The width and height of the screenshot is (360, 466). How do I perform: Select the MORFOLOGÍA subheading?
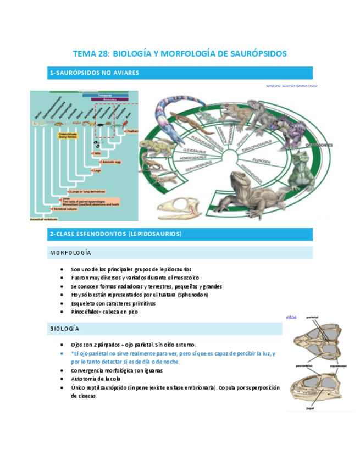pyautogui.click(x=70, y=253)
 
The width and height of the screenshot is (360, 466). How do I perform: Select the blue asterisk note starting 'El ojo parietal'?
pyautogui.click(x=173, y=357)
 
